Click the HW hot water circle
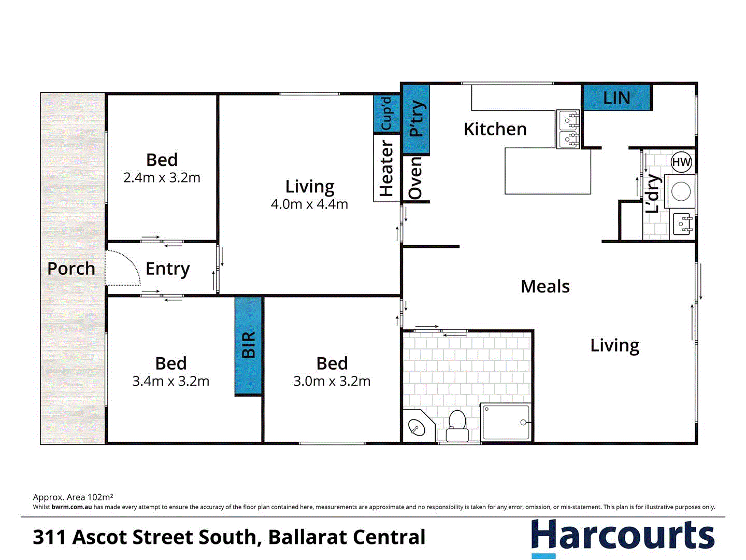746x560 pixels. pyautogui.click(x=681, y=162)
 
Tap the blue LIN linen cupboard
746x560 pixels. pyautogui.click(x=616, y=97)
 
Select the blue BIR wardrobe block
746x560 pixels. pyautogui.click(x=249, y=345)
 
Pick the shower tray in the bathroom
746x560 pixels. pyautogui.click(x=506, y=423)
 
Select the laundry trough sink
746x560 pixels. pyautogui.click(x=682, y=225)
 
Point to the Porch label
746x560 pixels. pyautogui.click(x=71, y=269)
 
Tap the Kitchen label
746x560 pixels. pyautogui.click(x=495, y=129)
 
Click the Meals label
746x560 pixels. pyautogui.click(x=545, y=286)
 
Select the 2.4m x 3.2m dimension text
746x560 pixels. pyautogui.click(x=162, y=178)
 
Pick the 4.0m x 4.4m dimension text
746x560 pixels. pyautogui.click(x=309, y=204)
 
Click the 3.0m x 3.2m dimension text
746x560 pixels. pyautogui.click(x=332, y=382)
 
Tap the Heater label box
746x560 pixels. pyautogui.click(x=386, y=169)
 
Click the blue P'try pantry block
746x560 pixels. pyautogui.click(x=416, y=119)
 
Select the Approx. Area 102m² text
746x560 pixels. pyautogui.click(x=73, y=497)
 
